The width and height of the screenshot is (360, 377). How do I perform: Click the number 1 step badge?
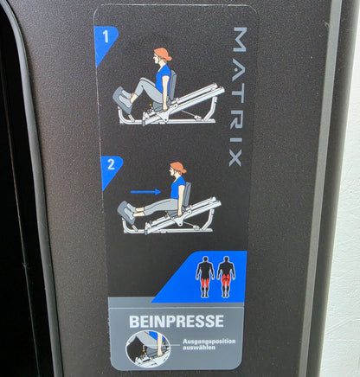104,41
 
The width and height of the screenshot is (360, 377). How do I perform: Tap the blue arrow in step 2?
145,192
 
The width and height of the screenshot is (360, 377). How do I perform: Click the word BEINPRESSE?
177,321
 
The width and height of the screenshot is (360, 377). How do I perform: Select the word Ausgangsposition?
209,342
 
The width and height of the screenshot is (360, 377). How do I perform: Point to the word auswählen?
199,348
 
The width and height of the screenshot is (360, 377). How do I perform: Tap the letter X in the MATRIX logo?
235,159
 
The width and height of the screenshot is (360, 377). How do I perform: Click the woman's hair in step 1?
163,54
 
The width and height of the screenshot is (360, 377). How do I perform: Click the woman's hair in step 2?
178,167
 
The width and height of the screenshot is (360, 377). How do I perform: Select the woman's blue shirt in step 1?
163,78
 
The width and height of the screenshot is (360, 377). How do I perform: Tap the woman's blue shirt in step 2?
177,188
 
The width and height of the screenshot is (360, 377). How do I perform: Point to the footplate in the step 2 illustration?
125,212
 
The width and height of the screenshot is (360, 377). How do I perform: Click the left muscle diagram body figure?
205,276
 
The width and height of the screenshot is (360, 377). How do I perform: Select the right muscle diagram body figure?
226,276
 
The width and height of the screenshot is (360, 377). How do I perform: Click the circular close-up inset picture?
148,348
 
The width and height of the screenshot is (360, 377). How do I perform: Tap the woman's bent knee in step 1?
144,81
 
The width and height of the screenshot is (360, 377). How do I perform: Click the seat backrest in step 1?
173,85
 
